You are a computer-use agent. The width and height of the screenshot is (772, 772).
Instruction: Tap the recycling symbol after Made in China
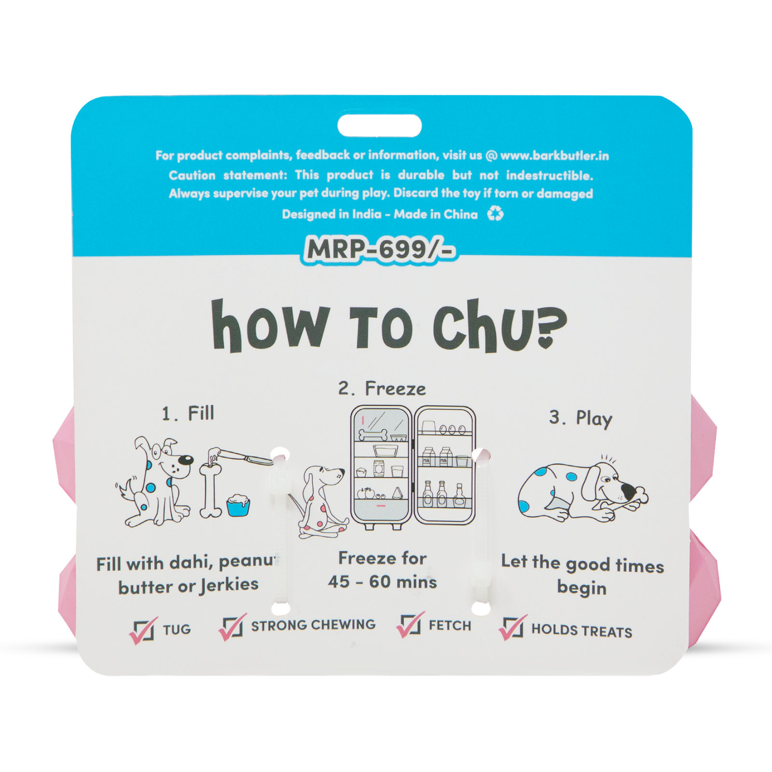coord(495,213)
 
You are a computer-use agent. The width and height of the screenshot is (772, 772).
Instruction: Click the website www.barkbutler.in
coord(554,155)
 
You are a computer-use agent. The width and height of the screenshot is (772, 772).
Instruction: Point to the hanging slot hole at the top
coord(379,126)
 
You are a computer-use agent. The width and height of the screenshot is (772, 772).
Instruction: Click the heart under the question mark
coord(546,342)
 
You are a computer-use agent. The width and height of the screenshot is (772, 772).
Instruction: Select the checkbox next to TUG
coord(143,630)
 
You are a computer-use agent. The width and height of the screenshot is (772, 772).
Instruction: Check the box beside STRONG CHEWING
coord(233,627)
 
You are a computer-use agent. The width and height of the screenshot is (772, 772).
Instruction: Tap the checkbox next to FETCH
coord(410,625)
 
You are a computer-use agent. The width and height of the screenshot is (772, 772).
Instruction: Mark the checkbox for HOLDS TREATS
coord(512,628)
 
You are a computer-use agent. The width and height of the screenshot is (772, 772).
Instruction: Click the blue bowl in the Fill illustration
coord(238,505)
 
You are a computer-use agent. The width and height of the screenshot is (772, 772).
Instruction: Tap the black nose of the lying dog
coord(628,491)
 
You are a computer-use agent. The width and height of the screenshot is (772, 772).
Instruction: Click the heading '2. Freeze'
coord(382,388)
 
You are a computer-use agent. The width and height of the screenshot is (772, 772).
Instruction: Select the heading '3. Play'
coord(580,418)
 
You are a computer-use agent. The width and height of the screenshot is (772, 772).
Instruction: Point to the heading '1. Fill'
coord(188,414)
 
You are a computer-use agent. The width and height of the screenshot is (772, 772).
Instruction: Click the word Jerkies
coord(229,585)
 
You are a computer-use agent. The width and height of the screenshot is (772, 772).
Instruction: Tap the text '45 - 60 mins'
coord(382,582)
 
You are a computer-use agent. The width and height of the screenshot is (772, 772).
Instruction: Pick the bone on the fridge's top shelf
coord(373,435)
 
